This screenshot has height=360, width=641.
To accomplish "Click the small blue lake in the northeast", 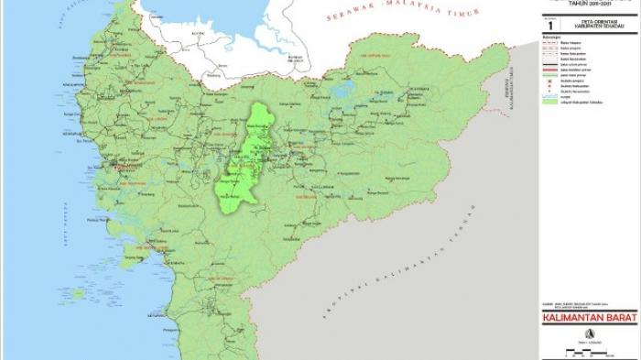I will click(x=346, y=91).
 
